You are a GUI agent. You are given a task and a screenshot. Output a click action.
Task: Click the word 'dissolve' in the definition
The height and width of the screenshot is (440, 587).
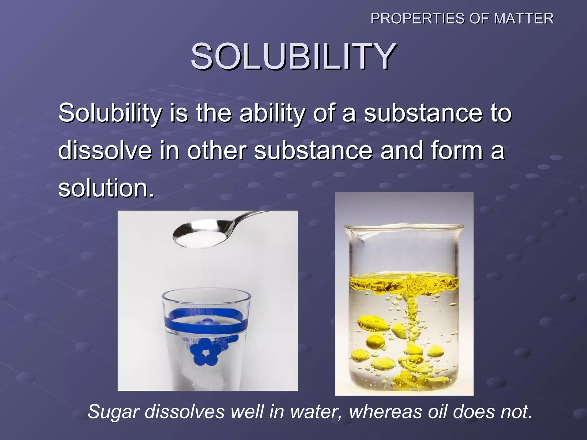[105, 151]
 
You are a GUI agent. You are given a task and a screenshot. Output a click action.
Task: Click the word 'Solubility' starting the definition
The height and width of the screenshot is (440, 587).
[109, 113]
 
